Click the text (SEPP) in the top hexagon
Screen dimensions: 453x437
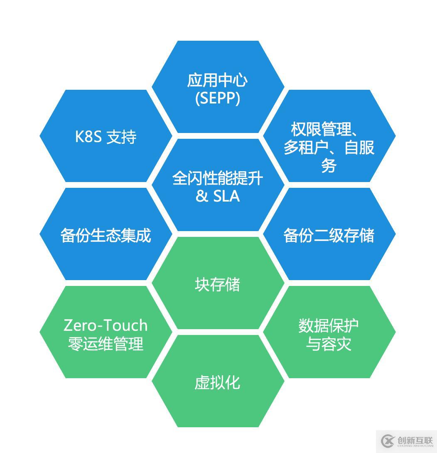click(218, 98)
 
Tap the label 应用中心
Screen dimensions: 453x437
click(218, 80)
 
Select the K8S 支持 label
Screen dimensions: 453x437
click(106, 137)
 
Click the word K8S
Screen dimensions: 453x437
click(88, 137)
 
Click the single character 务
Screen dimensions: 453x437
click(329, 165)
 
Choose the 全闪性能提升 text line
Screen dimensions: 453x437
click(218, 178)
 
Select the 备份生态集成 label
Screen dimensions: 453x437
click(106, 235)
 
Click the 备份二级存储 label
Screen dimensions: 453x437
click(329, 235)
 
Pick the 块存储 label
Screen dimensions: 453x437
click(218, 285)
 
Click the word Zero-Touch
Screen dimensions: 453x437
click(106, 325)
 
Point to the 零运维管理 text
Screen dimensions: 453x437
click(106, 344)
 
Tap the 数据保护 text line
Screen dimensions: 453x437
click(329, 326)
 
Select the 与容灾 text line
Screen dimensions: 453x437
click(329, 344)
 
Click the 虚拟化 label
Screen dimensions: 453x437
click(218, 382)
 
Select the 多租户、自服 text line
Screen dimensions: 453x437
click(329, 148)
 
